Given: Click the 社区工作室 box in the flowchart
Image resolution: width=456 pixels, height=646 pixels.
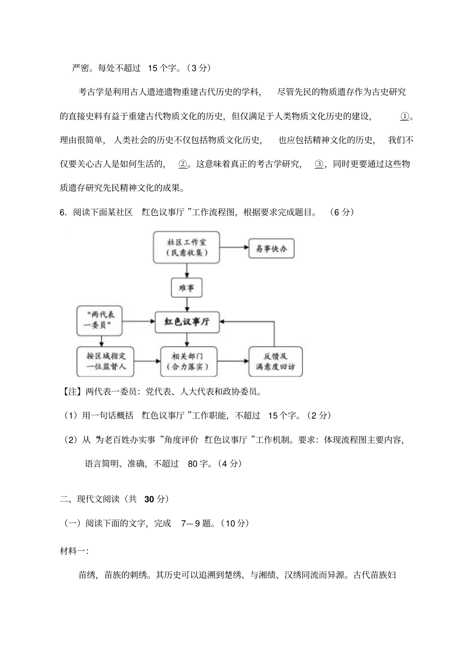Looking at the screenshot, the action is (x=186, y=247).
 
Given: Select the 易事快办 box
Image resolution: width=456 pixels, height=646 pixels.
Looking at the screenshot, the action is (x=271, y=248).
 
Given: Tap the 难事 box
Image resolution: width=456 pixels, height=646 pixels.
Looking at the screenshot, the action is (x=186, y=288).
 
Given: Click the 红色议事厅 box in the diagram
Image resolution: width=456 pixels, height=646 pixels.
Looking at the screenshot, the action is (x=186, y=322).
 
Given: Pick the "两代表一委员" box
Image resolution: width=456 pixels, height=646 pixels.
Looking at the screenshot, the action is (x=99, y=321).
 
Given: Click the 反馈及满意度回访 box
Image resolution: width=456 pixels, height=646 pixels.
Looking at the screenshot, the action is (x=275, y=361).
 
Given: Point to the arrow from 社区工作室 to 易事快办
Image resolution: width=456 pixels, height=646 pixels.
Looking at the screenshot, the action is (x=234, y=248).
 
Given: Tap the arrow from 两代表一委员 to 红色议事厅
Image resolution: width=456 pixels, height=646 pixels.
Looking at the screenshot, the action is (x=138, y=321).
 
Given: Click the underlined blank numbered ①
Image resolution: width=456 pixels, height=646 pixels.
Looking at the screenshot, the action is (x=404, y=116).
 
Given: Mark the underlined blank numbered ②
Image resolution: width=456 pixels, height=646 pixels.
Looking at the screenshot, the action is (x=182, y=164).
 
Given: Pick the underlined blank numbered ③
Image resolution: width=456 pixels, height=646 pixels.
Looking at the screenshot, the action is (x=319, y=164).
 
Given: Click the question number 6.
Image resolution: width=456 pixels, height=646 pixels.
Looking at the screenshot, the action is (x=63, y=212).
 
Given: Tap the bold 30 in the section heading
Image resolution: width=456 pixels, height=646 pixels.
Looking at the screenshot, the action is (x=149, y=499).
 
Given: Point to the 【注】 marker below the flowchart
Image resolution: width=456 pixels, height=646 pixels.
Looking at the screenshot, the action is (x=73, y=391).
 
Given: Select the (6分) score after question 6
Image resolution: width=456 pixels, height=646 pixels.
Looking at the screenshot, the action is (x=342, y=212).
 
